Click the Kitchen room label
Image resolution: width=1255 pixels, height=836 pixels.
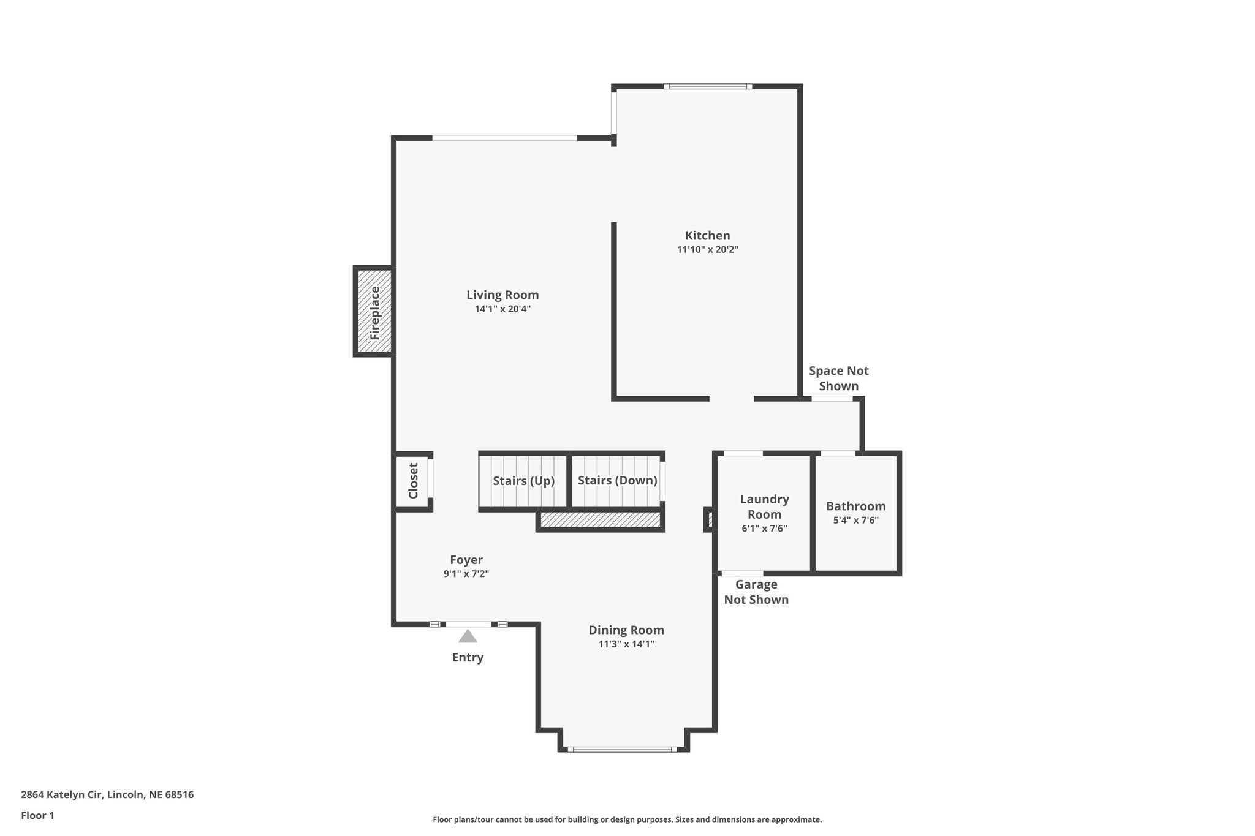pos(707,236)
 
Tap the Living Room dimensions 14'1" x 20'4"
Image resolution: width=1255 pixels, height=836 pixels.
pos(502,309)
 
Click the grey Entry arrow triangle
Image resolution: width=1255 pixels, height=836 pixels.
pos(468,636)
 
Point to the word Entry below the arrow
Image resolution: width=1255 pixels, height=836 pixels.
pos(468,658)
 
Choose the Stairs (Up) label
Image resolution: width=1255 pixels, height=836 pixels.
pos(523,481)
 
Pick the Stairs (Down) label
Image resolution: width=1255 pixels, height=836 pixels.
pos(617,481)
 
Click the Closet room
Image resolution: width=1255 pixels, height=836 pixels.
pos(413,481)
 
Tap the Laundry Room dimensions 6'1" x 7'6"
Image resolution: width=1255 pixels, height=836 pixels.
pos(764,529)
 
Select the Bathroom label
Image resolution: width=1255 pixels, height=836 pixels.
pos(855,506)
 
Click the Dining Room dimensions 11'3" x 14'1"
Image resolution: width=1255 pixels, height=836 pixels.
pos(626,644)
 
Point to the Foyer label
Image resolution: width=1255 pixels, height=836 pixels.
pos(466,560)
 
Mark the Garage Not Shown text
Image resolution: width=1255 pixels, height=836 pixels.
pos(756,592)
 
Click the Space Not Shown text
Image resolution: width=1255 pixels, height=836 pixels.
pos(838,378)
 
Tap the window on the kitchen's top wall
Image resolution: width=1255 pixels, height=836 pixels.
pos(708,86)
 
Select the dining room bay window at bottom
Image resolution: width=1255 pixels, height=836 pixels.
pos(623,749)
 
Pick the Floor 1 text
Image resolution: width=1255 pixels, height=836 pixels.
pos(37,816)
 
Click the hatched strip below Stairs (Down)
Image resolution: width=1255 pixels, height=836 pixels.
pos(601,520)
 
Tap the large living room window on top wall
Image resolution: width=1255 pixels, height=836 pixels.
pos(504,138)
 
